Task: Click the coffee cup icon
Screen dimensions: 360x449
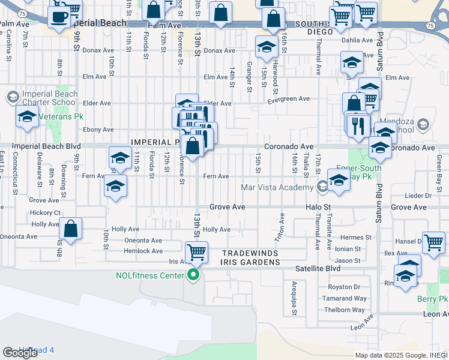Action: [59, 16]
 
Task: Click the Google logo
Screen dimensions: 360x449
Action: [20, 353]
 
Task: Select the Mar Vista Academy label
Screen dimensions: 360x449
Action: [277, 187]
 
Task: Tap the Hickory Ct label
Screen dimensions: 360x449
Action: [45, 213]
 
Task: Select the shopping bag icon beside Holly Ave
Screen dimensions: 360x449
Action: [71, 229]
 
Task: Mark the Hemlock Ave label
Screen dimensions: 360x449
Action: [143, 251]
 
